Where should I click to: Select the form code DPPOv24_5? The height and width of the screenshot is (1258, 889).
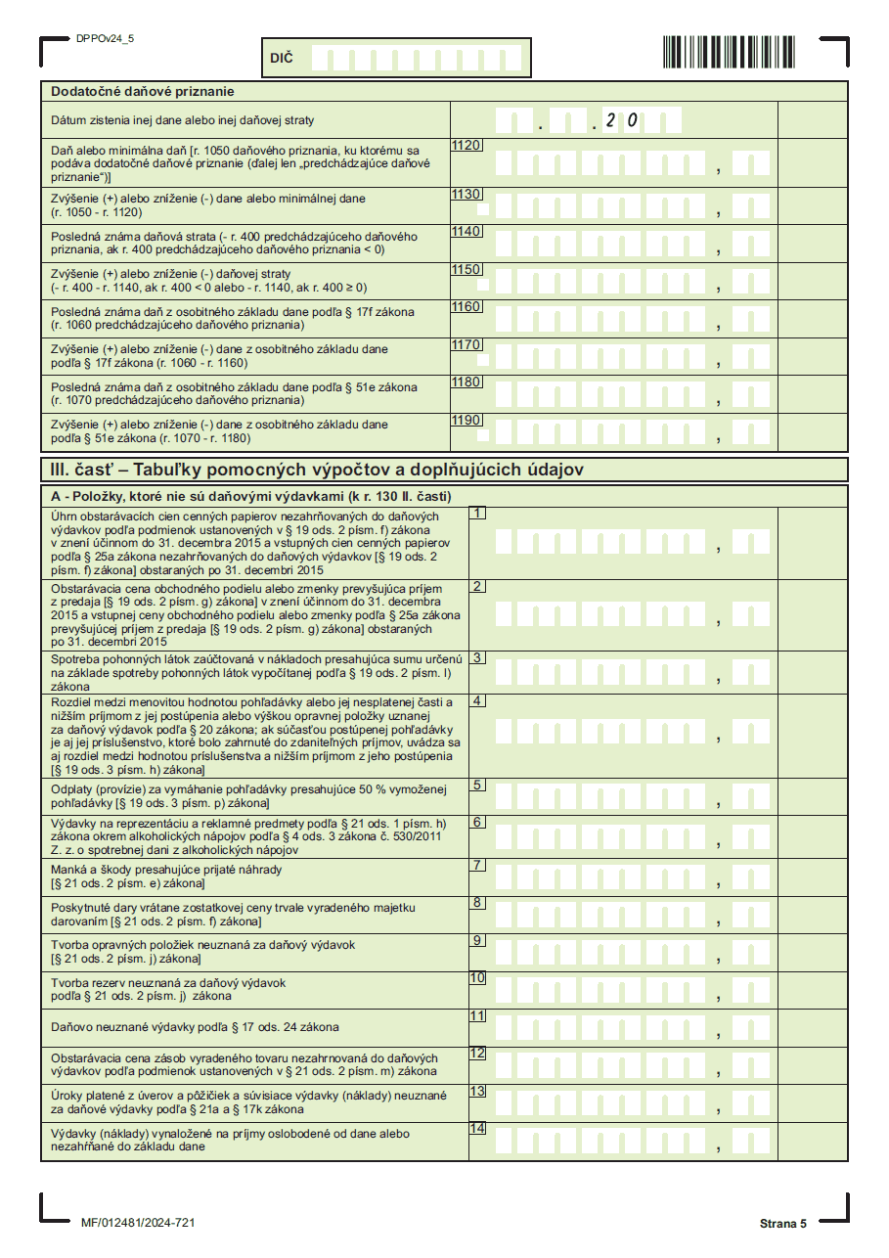105,38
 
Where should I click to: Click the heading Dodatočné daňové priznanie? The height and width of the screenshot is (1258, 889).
143,91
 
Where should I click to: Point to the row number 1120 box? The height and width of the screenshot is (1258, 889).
467,146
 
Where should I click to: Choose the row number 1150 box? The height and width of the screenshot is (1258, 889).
467,269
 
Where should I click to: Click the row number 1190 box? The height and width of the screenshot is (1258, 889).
467,420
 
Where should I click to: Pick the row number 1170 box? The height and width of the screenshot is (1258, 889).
467,344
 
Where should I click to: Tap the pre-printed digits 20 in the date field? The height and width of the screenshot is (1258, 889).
621,121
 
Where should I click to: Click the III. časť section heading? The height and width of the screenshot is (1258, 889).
317,470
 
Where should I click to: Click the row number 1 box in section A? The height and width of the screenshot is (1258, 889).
477,513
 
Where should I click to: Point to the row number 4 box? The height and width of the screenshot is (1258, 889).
477,700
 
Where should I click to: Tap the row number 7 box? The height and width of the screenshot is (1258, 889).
477,865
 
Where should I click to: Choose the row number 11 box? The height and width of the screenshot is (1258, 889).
477,1015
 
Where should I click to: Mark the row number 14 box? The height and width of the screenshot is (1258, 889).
477,1128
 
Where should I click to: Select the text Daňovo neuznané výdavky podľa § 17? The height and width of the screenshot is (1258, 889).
195,1027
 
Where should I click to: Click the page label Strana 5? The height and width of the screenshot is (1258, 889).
782,1224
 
